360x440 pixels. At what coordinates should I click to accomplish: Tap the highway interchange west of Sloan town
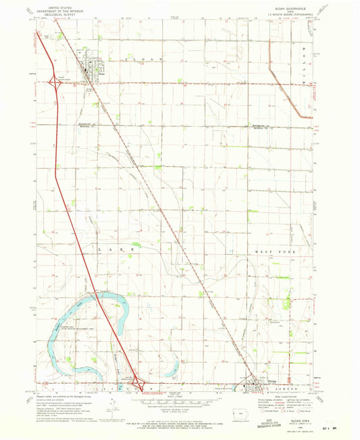[55, 82]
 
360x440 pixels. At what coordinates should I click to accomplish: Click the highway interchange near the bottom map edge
[137, 385]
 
